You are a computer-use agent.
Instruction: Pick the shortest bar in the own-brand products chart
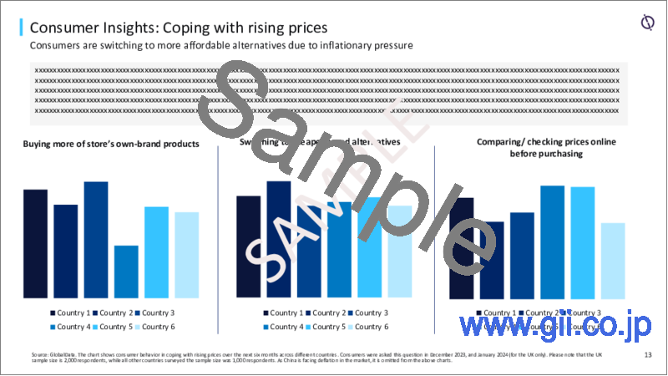tap(126, 271)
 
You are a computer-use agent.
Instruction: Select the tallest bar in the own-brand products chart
tap(96, 239)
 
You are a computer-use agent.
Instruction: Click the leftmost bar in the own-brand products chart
tap(35, 243)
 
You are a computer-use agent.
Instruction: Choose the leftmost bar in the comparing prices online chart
tap(461, 247)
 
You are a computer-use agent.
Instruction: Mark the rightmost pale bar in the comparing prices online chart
tap(613, 260)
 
